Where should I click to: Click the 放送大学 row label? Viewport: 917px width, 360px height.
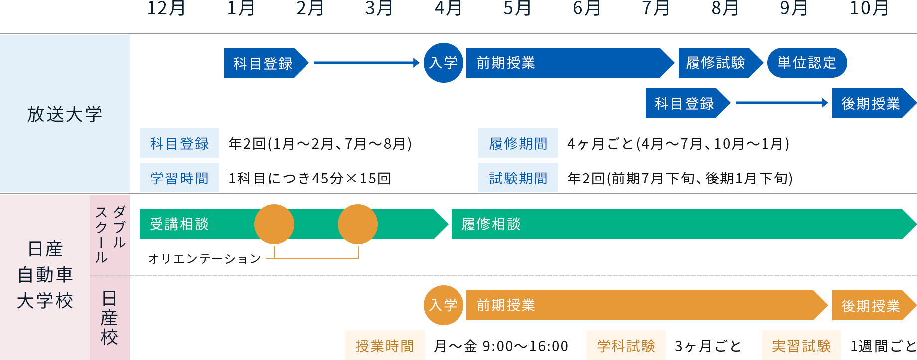tap(65, 114)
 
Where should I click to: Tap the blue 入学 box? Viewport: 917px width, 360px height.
tap(443, 63)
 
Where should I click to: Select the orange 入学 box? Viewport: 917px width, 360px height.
tap(443, 305)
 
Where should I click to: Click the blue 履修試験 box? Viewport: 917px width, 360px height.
tap(721, 63)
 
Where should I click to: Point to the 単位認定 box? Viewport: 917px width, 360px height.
tap(807, 63)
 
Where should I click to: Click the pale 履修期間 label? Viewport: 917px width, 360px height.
tap(518, 144)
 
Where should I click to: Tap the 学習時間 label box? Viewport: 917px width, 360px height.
tap(179, 178)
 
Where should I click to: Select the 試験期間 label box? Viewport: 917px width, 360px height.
tap(518, 178)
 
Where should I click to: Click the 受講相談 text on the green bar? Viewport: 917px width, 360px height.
tap(179, 224)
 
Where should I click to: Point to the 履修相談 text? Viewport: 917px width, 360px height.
tap(491, 224)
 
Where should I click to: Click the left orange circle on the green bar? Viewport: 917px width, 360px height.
tap(274, 224)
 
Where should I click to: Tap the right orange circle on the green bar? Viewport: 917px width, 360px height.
tap(358, 224)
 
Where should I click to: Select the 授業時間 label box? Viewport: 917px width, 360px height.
tap(384, 346)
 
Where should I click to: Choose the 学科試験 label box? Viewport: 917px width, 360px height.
tap(625, 346)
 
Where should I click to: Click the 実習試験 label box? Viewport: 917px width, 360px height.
tap(801, 346)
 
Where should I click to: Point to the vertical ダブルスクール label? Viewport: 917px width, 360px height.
tap(110, 234)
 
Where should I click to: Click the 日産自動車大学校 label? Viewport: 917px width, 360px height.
tap(45, 275)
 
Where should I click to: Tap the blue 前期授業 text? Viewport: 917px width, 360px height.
tap(506, 63)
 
